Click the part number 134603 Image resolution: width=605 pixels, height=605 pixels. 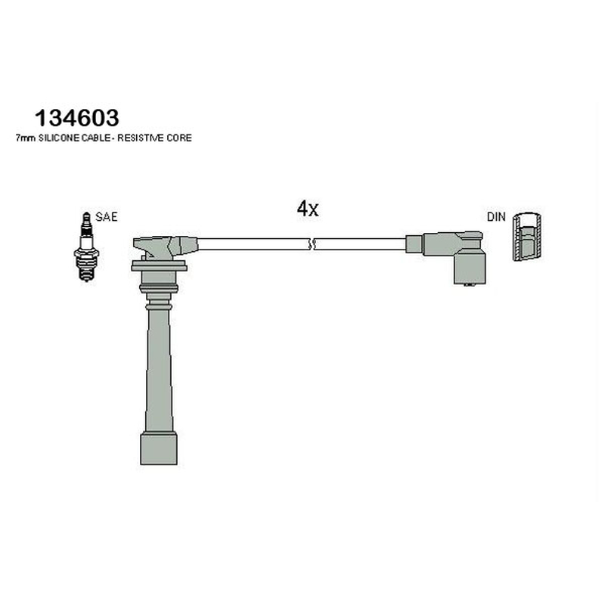tap(77, 118)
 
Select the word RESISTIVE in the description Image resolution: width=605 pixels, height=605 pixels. tap(141, 138)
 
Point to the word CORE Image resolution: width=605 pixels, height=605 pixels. tap(179, 138)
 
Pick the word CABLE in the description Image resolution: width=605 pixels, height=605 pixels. tap(96, 138)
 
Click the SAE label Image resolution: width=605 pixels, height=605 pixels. tap(106, 217)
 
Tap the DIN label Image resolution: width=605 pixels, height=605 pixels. tap(496, 217)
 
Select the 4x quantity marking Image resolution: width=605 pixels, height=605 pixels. tap(308, 209)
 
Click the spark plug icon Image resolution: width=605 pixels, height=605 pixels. tap(86, 247)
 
